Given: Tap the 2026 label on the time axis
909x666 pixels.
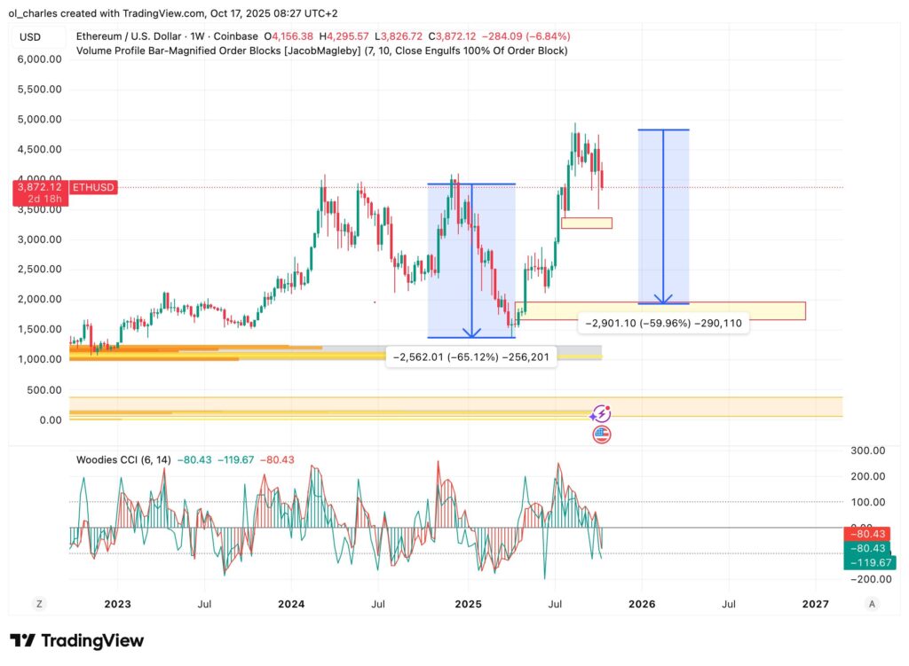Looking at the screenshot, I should coord(642,604).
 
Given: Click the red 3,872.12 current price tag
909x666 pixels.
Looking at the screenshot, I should coord(39,187).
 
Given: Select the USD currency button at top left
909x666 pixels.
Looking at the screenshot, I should coord(31,36).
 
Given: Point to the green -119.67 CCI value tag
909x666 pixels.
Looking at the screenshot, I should coord(870,561).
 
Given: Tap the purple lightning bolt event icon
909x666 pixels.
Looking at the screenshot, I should coord(601,413).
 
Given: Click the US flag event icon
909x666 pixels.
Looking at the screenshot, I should coord(601,435).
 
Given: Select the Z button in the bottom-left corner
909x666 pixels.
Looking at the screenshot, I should coord(39,604).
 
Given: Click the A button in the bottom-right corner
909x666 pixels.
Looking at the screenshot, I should coord(873,604).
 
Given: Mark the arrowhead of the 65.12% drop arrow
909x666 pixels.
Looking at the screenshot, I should coord(472,333).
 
